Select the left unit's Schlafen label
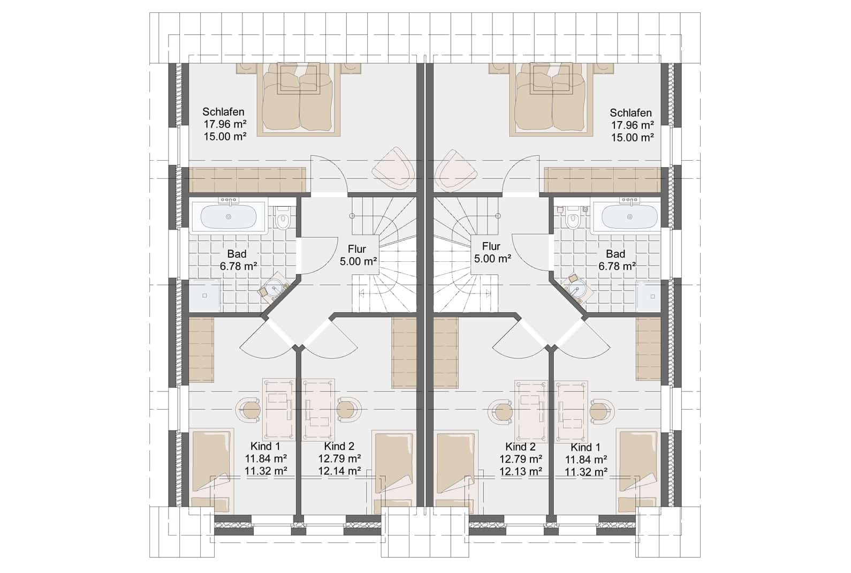[x=223, y=112]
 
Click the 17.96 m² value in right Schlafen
[x=632, y=125]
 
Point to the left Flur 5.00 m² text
[x=358, y=255]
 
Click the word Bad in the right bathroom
[x=616, y=254]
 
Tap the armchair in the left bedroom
[x=393, y=168]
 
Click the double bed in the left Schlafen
[x=298, y=99]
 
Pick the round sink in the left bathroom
[x=273, y=287]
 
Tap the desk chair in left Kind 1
[x=249, y=410]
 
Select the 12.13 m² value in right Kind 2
[x=520, y=471]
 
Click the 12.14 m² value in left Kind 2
[x=339, y=471]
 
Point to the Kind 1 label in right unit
[x=585, y=448]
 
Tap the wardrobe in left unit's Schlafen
[x=247, y=179]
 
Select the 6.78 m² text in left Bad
[x=238, y=266]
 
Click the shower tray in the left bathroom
[x=205, y=296]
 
